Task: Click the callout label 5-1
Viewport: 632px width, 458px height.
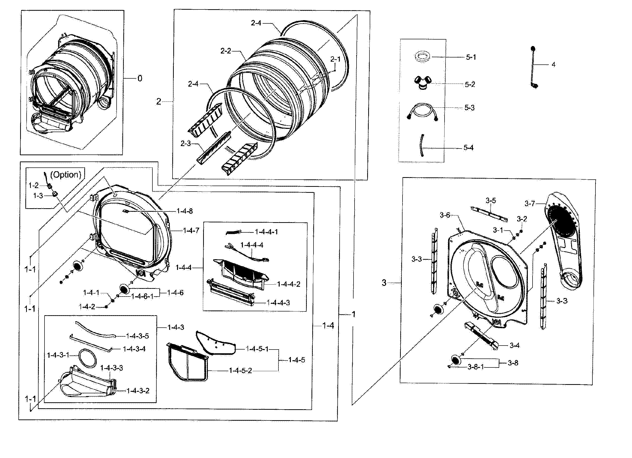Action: click(x=471, y=57)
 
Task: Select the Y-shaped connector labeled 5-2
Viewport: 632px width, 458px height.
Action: click(x=422, y=83)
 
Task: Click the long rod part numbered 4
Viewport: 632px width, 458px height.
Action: click(x=533, y=67)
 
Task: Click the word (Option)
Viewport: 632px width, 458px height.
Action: click(x=66, y=175)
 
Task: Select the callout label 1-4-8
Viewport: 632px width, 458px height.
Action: click(x=184, y=211)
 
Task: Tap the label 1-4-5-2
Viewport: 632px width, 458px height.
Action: click(x=240, y=370)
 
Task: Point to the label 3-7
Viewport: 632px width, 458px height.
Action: click(x=530, y=204)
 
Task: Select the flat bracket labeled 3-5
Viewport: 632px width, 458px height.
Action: click(x=489, y=213)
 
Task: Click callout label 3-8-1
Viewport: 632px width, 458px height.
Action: click(x=476, y=367)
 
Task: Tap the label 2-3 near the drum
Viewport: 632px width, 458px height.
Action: click(x=185, y=144)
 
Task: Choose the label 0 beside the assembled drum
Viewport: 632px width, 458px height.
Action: click(x=140, y=79)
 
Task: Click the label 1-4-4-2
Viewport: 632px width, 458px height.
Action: click(x=289, y=284)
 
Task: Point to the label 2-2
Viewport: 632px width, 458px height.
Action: click(x=226, y=51)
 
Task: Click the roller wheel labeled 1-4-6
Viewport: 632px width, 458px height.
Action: click(x=125, y=289)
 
